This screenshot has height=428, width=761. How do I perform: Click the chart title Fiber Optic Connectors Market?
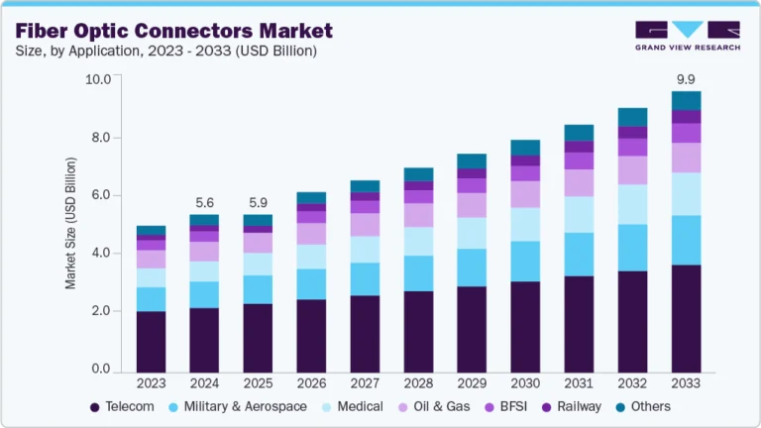coord(174,32)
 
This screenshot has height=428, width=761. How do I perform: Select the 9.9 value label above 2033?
coord(685,78)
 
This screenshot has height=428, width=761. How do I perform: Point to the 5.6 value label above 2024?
coord(204,201)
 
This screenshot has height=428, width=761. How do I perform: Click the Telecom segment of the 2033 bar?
coord(685,318)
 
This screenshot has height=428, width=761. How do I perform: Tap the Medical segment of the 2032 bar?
coord(631,204)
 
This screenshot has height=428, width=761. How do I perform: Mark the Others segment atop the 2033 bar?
coord(685,100)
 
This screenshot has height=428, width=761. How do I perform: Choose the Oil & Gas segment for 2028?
coord(418,215)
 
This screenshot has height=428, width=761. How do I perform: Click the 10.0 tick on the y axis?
coord(97,79)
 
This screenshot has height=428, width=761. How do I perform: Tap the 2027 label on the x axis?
coord(365,383)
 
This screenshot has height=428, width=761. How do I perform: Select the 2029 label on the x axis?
coord(472,383)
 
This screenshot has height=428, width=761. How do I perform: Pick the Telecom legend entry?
coord(124,406)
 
